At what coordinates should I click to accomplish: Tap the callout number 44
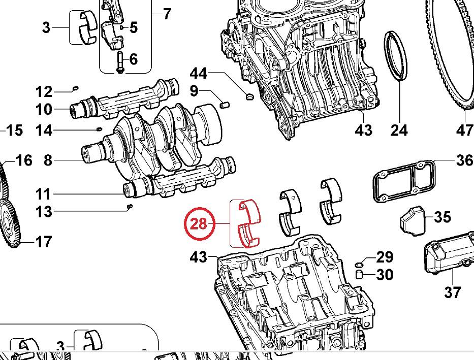point(198,74)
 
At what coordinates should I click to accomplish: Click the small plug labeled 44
point(249,95)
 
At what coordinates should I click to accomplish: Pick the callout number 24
point(399,130)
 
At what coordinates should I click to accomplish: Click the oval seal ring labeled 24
point(397,55)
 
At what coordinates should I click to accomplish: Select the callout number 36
point(464,160)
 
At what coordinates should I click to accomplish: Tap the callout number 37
point(452,292)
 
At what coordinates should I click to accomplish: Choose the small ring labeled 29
point(359,265)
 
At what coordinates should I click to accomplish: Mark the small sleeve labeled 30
point(359,275)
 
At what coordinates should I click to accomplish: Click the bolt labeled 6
point(120,62)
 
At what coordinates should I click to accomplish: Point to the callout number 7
point(167,14)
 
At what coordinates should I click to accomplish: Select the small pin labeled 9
point(226,104)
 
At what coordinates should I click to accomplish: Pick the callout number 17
point(43,242)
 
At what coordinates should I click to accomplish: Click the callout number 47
point(464,130)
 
